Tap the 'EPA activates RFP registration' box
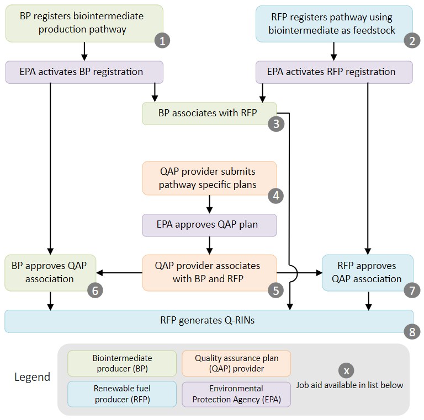tap(334, 72)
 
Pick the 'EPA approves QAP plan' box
tap(209, 225)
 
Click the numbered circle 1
tap(162, 40)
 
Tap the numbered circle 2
tap(412, 40)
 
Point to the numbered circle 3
tap(276, 123)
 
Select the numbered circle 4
tap(275, 195)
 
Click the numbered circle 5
tap(276, 290)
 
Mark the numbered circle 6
tap(94, 290)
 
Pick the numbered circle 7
tap(412, 290)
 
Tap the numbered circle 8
tap(412, 331)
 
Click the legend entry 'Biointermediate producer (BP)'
tap(122, 363)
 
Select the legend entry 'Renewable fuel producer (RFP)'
tap(122, 394)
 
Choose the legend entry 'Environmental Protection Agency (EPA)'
tap(236, 394)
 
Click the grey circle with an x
tap(346, 370)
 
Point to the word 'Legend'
tap(32, 378)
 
